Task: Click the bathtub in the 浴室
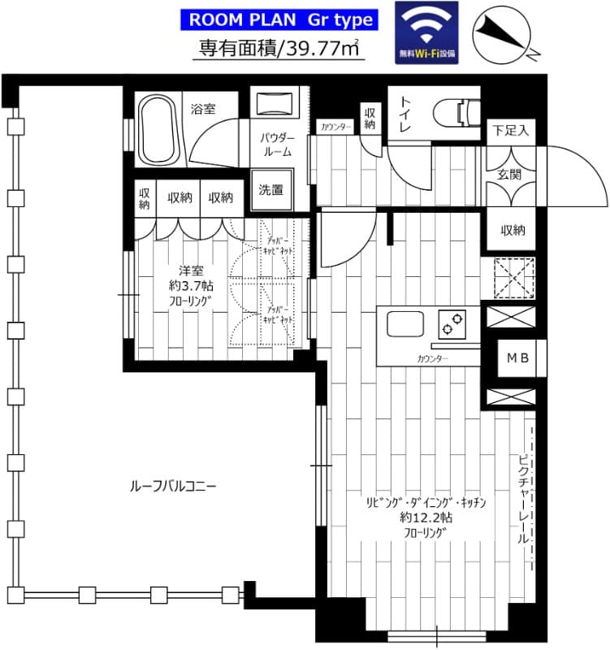161,130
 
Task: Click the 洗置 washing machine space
270,191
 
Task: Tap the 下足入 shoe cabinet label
511,130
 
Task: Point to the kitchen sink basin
405,324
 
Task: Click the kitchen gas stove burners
448,324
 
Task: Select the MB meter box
517,358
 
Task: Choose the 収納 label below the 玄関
513,230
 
